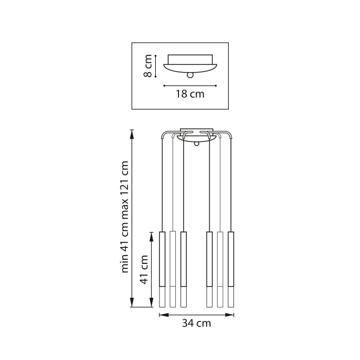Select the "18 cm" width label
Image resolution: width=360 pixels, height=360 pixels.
pos(190,94)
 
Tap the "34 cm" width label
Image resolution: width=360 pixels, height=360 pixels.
pos(196,323)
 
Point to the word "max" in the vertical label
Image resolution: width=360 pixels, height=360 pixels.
pos(124,208)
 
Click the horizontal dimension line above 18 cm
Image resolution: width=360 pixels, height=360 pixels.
pos(190,85)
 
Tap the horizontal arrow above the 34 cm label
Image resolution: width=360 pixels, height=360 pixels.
pos(196,313)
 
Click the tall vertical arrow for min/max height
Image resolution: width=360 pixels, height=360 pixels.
pos(132,218)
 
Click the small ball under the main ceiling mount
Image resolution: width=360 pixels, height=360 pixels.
pos(196,144)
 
